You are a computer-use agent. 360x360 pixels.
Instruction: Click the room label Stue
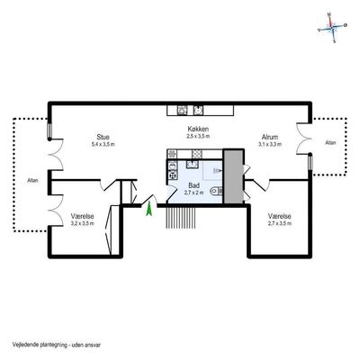pyautogui.click(x=103, y=138)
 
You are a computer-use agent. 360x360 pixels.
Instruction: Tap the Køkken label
pyautogui.click(x=198, y=130)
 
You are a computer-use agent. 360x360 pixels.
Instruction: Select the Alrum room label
pyautogui.click(x=270, y=137)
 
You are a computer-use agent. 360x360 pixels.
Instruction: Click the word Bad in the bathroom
pyautogui.click(x=193, y=185)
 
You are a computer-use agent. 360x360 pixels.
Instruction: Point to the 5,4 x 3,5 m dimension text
pyautogui.click(x=103, y=144)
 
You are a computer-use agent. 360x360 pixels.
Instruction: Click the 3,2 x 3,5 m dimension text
pyautogui.click(x=82, y=223)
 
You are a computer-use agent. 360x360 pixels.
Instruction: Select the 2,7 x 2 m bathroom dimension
pyautogui.click(x=193, y=193)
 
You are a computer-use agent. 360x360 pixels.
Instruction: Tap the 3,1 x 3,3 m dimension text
pyautogui.click(x=270, y=144)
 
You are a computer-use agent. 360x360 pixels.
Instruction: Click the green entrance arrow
pyautogui.click(x=148, y=210)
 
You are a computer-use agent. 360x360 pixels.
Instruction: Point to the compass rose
pyautogui.click(x=332, y=27)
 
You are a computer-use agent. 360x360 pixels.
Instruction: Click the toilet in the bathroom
pyautogui.click(x=216, y=190)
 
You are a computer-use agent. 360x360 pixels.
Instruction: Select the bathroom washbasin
pyautogui.click(x=193, y=164)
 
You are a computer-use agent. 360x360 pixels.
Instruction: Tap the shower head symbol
pyautogui.click(x=217, y=171)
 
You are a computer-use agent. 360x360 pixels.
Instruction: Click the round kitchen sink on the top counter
pyautogui.click(x=198, y=111)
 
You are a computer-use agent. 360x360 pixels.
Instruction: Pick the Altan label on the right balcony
pyautogui.click(x=330, y=143)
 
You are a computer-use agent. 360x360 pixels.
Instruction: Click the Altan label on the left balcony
pyautogui.click(x=32, y=181)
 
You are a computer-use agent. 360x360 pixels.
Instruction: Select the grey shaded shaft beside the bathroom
pyautogui.click(x=233, y=176)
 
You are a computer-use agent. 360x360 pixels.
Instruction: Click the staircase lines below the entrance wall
pyautogui.click(x=181, y=218)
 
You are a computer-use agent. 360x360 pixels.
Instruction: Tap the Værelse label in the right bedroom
pyautogui.click(x=280, y=216)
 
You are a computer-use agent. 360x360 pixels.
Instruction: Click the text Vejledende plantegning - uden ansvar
pyautogui.click(x=57, y=345)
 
